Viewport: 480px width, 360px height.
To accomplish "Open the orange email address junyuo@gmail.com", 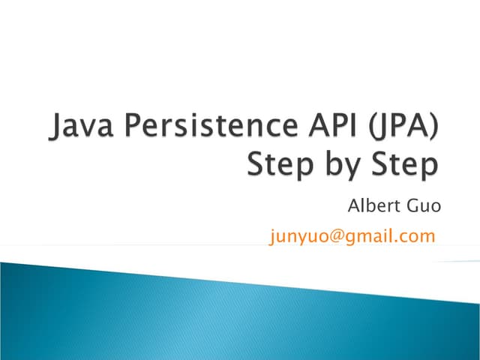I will click(x=352, y=237).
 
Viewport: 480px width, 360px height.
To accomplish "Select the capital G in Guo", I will click(x=411, y=205).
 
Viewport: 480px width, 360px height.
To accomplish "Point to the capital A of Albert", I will click(x=354, y=205).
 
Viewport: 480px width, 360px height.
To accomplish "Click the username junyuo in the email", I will click(x=298, y=238).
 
